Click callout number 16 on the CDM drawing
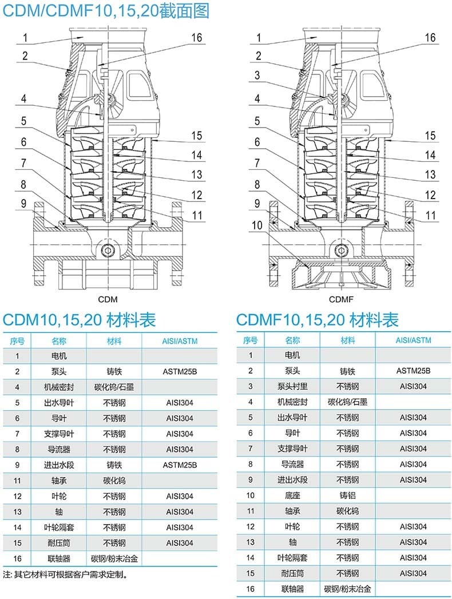[196, 37]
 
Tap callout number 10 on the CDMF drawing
[257, 225]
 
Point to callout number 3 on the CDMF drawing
[257, 76]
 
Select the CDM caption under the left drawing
[108, 299]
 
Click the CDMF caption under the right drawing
[341, 299]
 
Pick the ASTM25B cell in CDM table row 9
[180, 465]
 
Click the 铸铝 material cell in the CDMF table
[347, 495]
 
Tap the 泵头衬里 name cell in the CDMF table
[292, 386]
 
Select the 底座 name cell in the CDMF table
[292, 495]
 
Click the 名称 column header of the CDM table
[59, 341]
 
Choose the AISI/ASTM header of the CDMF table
[413, 340]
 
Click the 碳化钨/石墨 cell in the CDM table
[114, 387]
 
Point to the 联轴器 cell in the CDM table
[59, 558]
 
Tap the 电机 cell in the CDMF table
[292, 355]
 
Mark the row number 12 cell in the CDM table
[17, 496]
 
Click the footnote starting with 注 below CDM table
[65, 574]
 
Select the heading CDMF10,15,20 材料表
[318, 320]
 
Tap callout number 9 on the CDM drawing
[23, 203]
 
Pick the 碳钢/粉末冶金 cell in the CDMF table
[347, 589]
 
